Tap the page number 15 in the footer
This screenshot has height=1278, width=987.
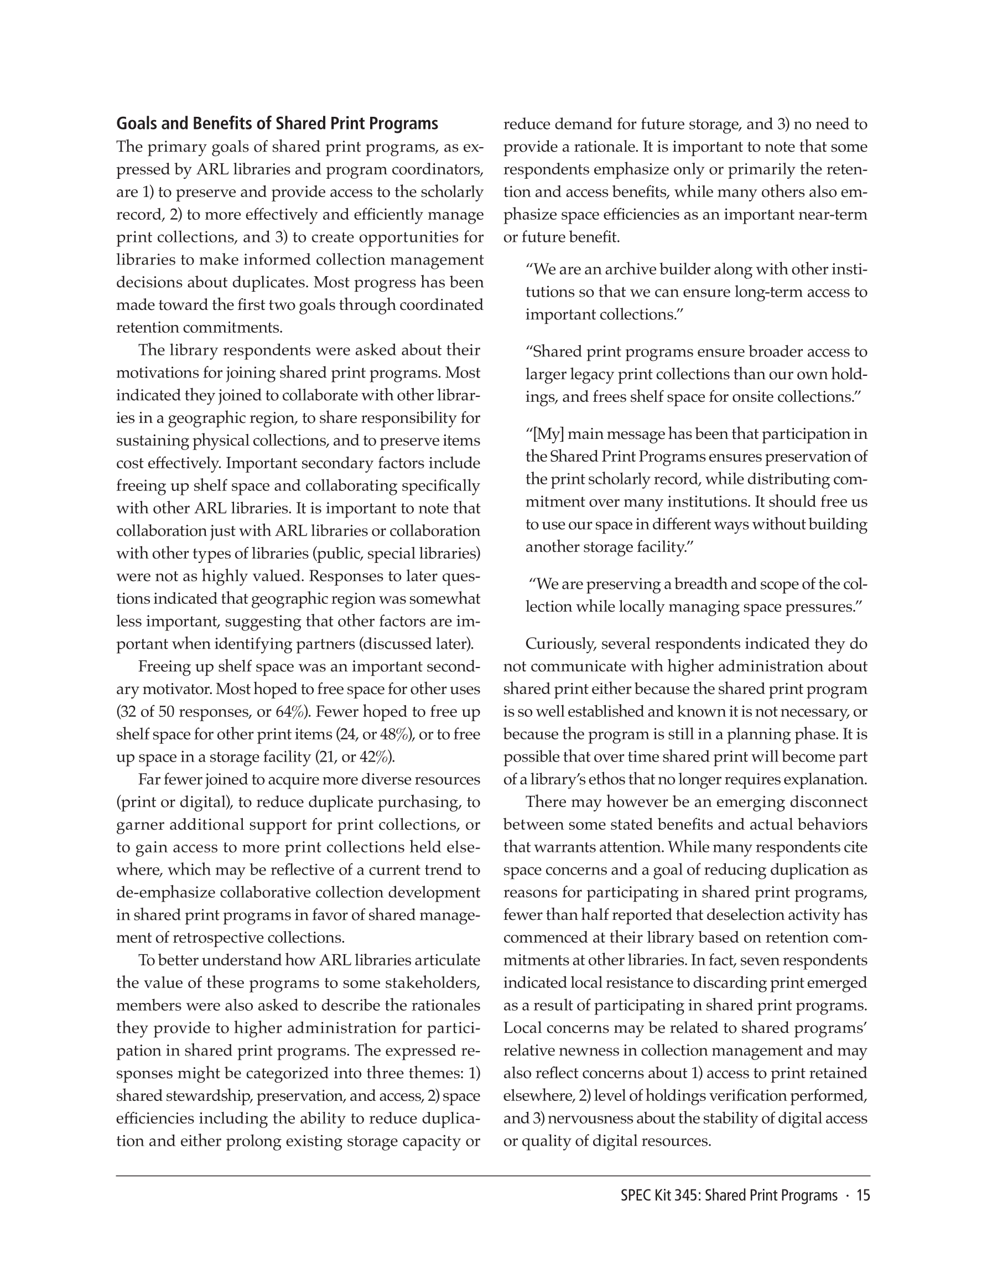[863, 1195]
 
